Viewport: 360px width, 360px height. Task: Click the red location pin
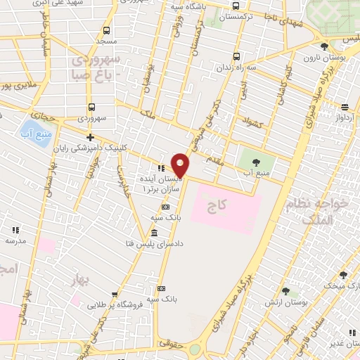[x=181, y=165]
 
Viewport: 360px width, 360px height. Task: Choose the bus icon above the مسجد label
[x=106, y=30]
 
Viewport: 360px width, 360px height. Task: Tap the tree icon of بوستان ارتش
[x=285, y=291]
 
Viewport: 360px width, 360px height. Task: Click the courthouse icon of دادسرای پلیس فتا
[x=155, y=233]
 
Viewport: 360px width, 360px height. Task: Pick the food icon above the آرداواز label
[x=345, y=107]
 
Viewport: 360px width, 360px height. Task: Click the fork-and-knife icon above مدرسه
[x=15, y=230]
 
